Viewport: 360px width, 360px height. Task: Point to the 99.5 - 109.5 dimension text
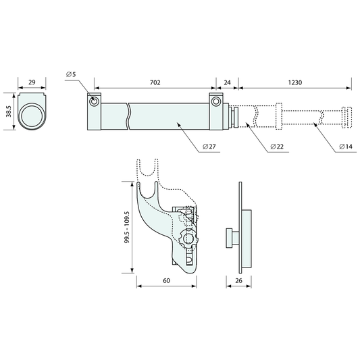pyautogui.click(x=128, y=227)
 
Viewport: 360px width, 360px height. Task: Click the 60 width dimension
pyautogui.click(x=167, y=280)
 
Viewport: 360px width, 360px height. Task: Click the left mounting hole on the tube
pyautogui.click(x=95, y=101)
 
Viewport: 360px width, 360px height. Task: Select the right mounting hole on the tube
pyautogui.click(x=216, y=101)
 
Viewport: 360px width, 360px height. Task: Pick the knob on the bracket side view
pyautogui.click(x=230, y=236)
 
